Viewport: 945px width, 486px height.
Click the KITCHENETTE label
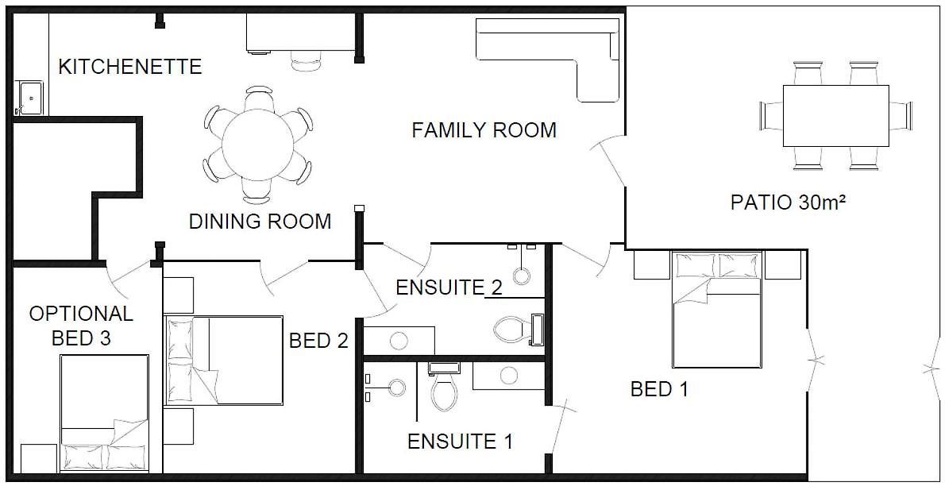click(x=129, y=67)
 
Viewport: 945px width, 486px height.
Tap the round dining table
click(x=257, y=144)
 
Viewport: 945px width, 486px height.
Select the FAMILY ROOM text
click(x=484, y=130)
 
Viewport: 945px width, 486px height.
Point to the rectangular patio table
click(x=836, y=116)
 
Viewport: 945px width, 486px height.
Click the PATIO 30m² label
click(x=789, y=202)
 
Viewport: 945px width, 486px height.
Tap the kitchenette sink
click(x=29, y=98)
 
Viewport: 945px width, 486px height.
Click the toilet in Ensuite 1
click(x=444, y=387)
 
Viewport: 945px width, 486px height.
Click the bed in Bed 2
click(x=224, y=360)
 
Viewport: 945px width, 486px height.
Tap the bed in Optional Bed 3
click(x=104, y=413)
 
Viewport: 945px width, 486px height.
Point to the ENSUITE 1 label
click(x=460, y=442)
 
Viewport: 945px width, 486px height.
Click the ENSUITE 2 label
click(x=449, y=287)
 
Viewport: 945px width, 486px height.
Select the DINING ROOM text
click(x=260, y=222)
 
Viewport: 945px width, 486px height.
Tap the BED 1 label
click(x=659, y=389)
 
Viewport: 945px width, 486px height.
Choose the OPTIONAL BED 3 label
click(x=81, y=326)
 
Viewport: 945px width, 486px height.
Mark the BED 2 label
click(x=318, y=341)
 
